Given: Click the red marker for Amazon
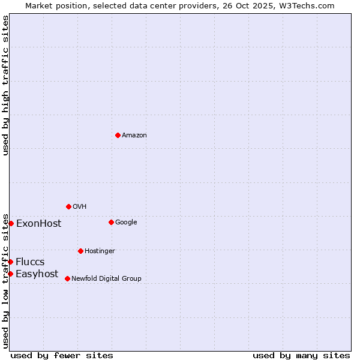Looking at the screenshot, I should click(x=118, y=135).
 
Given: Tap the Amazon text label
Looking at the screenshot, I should click(x=134, y=136).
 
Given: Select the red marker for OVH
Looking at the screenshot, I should click(x=68, y=206).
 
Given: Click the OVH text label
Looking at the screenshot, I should click(x=80, y=207).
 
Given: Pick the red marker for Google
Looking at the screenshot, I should click(x=111, y=222).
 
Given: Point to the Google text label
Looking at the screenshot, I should click(x=126, y=223).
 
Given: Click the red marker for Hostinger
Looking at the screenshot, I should click(x=80, y=251).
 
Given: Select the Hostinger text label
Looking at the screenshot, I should click(x=100, y=251).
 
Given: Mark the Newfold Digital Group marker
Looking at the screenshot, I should click(x=67, y=278).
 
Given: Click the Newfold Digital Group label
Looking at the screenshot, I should click(x=106, y=279).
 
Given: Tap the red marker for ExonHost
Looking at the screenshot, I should click(x=11, y=223).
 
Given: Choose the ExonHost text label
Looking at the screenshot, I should click(x=38, y=224).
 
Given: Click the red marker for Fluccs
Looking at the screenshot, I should click(x=10, y=262).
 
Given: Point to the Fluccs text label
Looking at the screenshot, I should click(x=30, y=262).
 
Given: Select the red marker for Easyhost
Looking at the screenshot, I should click(x=10, y=274).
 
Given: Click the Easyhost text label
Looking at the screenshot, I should click(x=37, y=274).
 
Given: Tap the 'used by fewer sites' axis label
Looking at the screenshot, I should click(x=62, y=355).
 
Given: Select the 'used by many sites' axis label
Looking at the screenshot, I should click(x=301, y=355).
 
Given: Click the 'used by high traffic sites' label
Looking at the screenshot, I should click(x=5, y=85).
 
